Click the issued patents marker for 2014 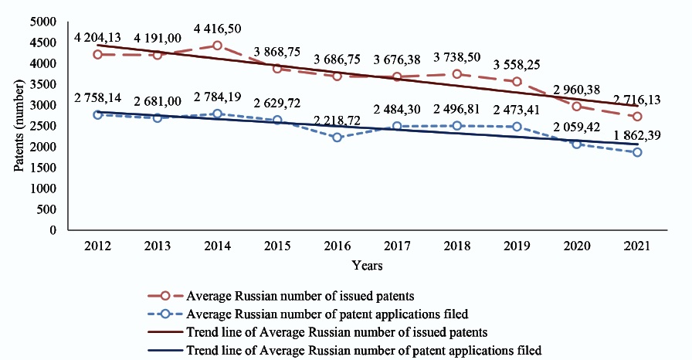click(217, 46)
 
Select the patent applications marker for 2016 click(337, 138)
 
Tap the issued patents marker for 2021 click(636, 117)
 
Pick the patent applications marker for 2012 click(98, 114)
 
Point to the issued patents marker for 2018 click(457, 74)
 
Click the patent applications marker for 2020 click(576, 144)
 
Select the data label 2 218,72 click(338, 121)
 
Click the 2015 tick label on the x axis click(277, 246)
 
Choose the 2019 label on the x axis click(517, 246)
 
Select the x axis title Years click(367, 265)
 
